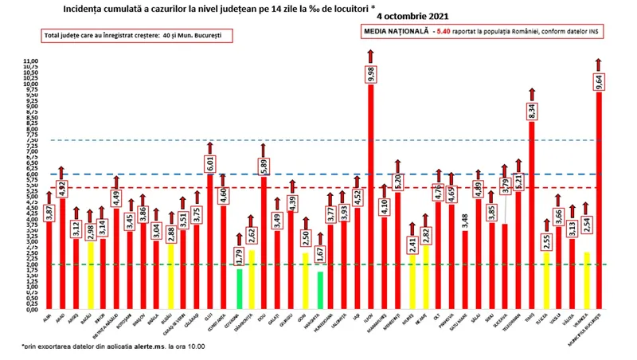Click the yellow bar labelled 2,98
[x=91, y=275]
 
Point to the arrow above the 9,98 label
[x=370, y=54]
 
